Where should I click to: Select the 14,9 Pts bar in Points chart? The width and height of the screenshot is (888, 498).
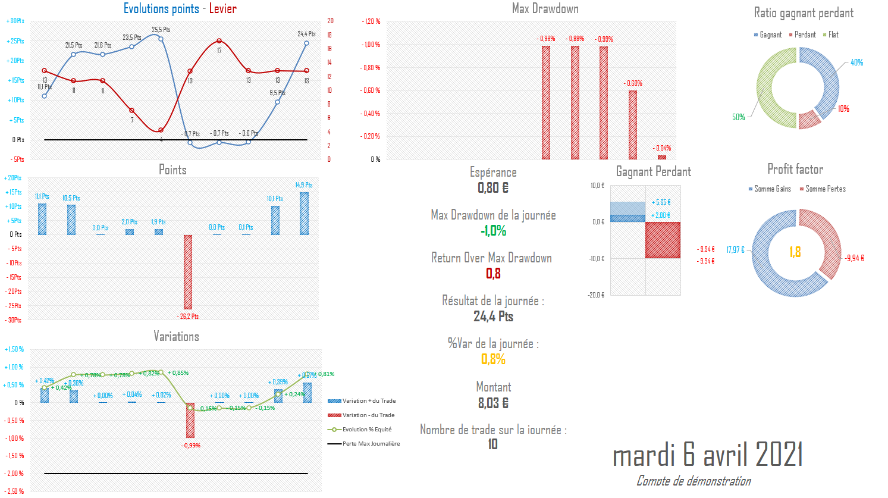[x=304, y=213]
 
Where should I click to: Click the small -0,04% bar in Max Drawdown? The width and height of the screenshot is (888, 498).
[x=662, y=157]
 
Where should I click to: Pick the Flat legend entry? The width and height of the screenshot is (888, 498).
[x=831, y=35]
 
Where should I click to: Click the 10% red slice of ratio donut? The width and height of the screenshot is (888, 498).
[x=809, y=119]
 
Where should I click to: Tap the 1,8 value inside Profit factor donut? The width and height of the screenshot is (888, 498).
[x=795, y=252]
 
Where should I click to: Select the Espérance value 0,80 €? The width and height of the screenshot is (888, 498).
[x=493, y=188]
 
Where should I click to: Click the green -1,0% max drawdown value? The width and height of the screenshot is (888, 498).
[x=493, y=231]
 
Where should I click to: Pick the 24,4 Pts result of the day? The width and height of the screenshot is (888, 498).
[x=493, y=317]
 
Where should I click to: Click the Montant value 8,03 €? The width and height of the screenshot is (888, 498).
[x=493, y=403]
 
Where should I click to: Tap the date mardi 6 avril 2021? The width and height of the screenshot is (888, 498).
[x=708, y=455]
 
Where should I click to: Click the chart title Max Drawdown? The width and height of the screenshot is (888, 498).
[x=545, y=8]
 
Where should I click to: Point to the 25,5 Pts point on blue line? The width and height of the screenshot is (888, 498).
[x=161, y=39]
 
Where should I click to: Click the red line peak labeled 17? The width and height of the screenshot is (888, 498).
[x=219, y=41]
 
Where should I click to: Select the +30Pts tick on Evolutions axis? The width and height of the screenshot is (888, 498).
[x=15, y=21]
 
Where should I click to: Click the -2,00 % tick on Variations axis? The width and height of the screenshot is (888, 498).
[x=14, y=474]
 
